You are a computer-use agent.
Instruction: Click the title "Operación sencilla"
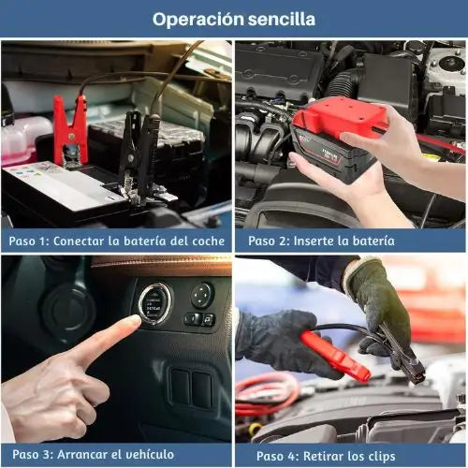tap(234, 19)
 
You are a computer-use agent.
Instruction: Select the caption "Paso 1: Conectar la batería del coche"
tap(117, 241)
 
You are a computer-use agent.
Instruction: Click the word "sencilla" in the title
tap(278, 19)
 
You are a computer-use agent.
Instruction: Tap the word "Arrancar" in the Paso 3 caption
tap(92, 456)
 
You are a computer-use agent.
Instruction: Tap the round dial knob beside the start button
tap(201, 296)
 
